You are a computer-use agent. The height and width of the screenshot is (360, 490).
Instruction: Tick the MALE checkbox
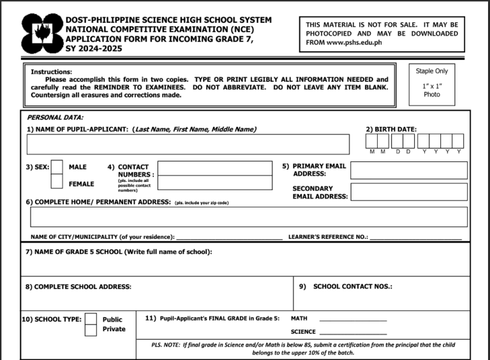click(x=57, y=167)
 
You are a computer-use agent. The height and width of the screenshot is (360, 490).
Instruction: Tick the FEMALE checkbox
click(x=57, y=183)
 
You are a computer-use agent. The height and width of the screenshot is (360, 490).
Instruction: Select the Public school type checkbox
click(x=91, y=319)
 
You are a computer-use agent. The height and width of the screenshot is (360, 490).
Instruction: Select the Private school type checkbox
click(x=91, y=329)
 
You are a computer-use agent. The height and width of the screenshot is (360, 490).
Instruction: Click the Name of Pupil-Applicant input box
click(x=188, y=144)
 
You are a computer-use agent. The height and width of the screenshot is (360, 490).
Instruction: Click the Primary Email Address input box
click(x=408, y=170)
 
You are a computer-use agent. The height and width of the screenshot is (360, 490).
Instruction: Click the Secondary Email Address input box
click(x=408, y=191)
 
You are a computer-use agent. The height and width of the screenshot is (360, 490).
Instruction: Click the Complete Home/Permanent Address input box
click(x=248, y=217)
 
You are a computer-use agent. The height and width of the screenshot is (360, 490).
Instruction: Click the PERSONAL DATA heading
click(x=55, y=117)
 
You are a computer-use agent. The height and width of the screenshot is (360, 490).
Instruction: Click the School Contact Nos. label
click(x=352, y=287)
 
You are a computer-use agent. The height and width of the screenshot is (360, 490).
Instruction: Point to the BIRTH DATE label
click(x=391, y=130)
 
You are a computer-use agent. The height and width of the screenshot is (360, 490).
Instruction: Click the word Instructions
click(x=51, y=71)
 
